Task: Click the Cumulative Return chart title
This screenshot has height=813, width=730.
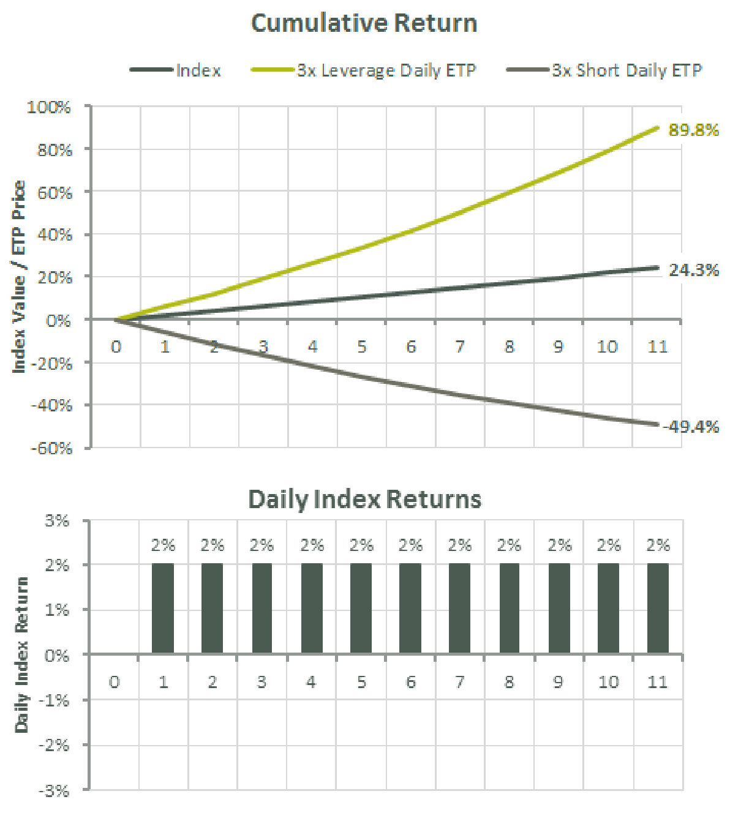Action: click(364, 23)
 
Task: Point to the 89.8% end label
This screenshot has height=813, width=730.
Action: click(693, 130)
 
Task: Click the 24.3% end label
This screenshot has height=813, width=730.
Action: click(693, 270)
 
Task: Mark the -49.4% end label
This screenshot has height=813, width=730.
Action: click(691, 427)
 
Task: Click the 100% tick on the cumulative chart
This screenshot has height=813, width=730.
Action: click(49, 108)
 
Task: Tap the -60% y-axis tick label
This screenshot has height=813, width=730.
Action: click(51, 448)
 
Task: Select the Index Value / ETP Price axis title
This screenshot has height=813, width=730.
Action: click(19, 277)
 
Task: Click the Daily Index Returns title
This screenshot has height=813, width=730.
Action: click(364, 500)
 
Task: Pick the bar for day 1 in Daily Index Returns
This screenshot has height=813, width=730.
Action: click(163, 609)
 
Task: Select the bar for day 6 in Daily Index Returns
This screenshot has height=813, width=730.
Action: click(410, 609)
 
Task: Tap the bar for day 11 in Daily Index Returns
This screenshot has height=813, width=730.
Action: click(658, 609)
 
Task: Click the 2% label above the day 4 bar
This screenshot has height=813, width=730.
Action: click(312, 545)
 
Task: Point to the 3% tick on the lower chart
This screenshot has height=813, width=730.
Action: click(57, 521)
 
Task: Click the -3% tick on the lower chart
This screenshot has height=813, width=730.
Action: click(55, 791)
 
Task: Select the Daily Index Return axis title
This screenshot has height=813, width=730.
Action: click(22, 654)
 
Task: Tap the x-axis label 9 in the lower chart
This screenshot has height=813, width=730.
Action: click(558, 682)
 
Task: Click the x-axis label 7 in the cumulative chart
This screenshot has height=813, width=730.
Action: click(460, 347)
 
